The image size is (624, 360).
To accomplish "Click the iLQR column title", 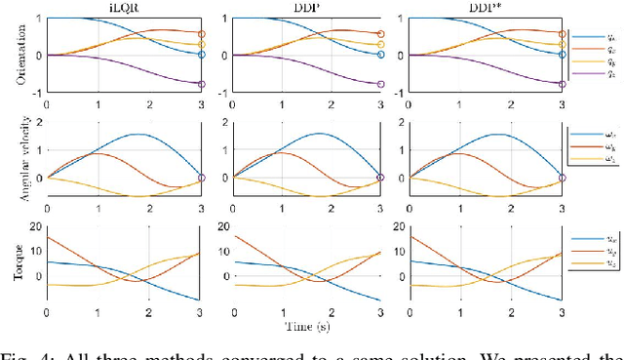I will (x=122, y=7).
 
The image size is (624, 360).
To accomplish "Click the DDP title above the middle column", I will (x=302, y=7).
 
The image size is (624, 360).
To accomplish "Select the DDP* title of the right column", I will (x=485, y=7).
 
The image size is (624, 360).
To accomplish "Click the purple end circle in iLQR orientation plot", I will (x=201, y=84).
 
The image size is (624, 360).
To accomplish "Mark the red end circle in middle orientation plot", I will (x=381, y=34).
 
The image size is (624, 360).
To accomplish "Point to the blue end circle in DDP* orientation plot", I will (x=563, y=55).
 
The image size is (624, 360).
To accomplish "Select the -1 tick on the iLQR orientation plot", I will (x=34, y=93).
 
